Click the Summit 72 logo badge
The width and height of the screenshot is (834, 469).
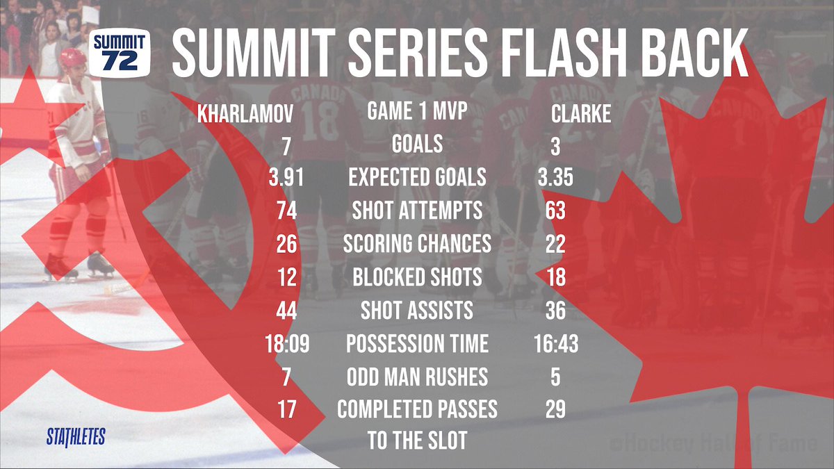pyautogui.click(x=120, y=51)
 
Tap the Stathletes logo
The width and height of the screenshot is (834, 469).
pyautogui.click(x=76, y=437)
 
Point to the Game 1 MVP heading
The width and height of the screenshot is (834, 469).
pyautogui.click(x=417, y=111)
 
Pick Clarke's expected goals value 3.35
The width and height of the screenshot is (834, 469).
pyautogui.click(x=555, y=177)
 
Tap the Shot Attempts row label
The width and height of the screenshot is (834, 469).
pyautogui.click(x=417, y=211)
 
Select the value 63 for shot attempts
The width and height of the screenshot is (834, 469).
pyautogui.click(x=555, y=211)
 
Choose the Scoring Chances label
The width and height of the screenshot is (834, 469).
pyautogui.click(x=417, y=244)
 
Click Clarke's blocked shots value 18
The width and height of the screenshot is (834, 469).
pyautogui.click(x=555, y=277)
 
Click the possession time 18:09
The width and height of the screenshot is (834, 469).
pyautogui.click(x=284, y=344)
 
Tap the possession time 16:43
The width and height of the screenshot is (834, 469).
pyautogui.click(x=555, y=344)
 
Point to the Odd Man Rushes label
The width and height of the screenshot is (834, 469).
pyautogui.click(x=417, y=377)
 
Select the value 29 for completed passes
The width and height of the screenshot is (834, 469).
pyautogui.click(x=555, y=410)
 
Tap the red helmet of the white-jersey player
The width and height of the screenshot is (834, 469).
pyautogui.click(x=72, y=57)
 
